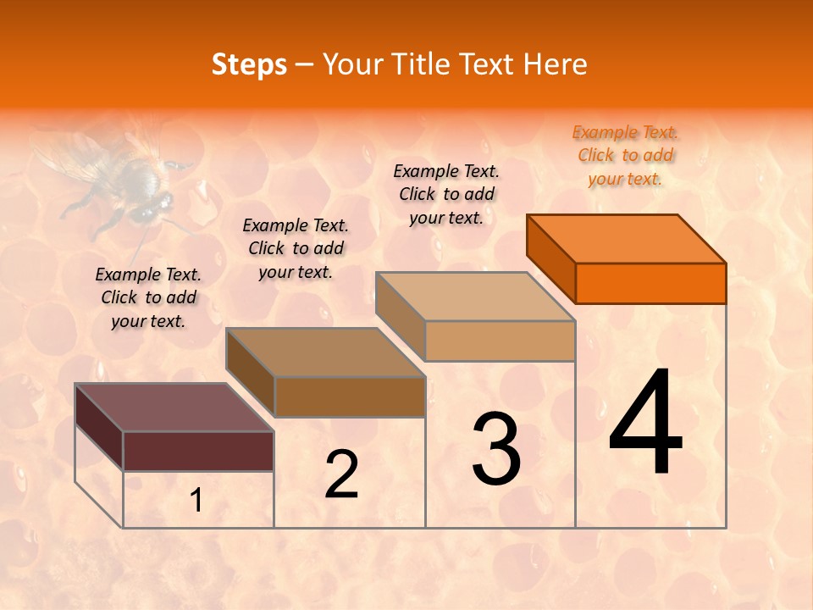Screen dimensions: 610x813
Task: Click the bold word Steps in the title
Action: coord(249,64)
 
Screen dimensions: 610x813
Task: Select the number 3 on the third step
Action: coord(496,449)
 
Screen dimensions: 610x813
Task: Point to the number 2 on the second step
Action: coord(341,474)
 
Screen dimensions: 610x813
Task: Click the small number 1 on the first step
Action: coord(196,501)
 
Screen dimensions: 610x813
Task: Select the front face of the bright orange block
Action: coord(650,283)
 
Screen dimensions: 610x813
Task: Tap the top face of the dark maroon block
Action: coord(174,408)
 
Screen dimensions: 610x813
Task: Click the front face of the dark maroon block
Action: coord(198,451)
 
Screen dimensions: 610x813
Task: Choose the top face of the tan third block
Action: coord(476,297)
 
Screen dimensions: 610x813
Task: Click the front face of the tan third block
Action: coord(500,341)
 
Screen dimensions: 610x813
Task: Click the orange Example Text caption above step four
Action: coord(625,156)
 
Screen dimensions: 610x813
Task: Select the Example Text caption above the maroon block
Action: coord(148,297)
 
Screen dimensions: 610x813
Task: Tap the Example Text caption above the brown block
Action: coord(296,248)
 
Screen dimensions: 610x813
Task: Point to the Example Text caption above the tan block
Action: coord(446,194)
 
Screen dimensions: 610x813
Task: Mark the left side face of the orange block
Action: coord(550,258)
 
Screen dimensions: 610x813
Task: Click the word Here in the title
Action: coord(556,64)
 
